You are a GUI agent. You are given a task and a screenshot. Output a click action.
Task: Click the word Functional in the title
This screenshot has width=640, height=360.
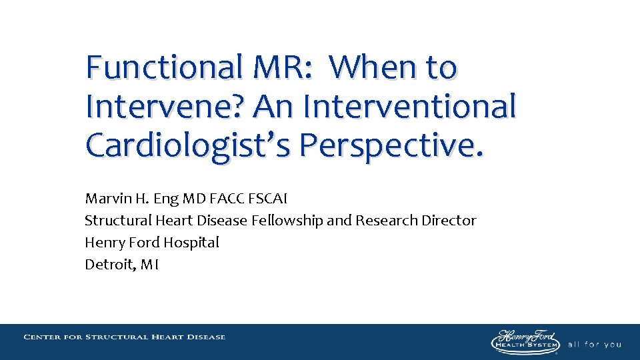tap(164, 68)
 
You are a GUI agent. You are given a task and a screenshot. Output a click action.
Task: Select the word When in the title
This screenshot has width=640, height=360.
tap(373, 68)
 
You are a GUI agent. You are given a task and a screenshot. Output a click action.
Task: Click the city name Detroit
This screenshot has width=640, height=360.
tap(109, 265)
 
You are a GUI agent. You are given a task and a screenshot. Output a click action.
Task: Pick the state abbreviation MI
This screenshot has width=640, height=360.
tap(149, 265)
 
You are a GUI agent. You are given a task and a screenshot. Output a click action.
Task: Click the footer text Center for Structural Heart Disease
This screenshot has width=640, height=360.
tap(125, 337)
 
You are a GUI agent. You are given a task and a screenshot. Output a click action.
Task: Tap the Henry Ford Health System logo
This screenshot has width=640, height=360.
tap(525, 341)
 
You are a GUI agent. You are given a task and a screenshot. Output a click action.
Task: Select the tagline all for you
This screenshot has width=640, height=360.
tap(594, 345)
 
